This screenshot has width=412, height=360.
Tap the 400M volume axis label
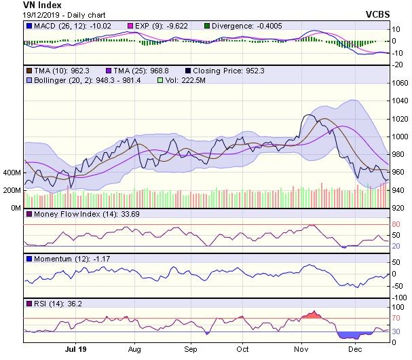(x=12, y=173)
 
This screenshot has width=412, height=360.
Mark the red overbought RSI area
(x=312, y=315)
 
